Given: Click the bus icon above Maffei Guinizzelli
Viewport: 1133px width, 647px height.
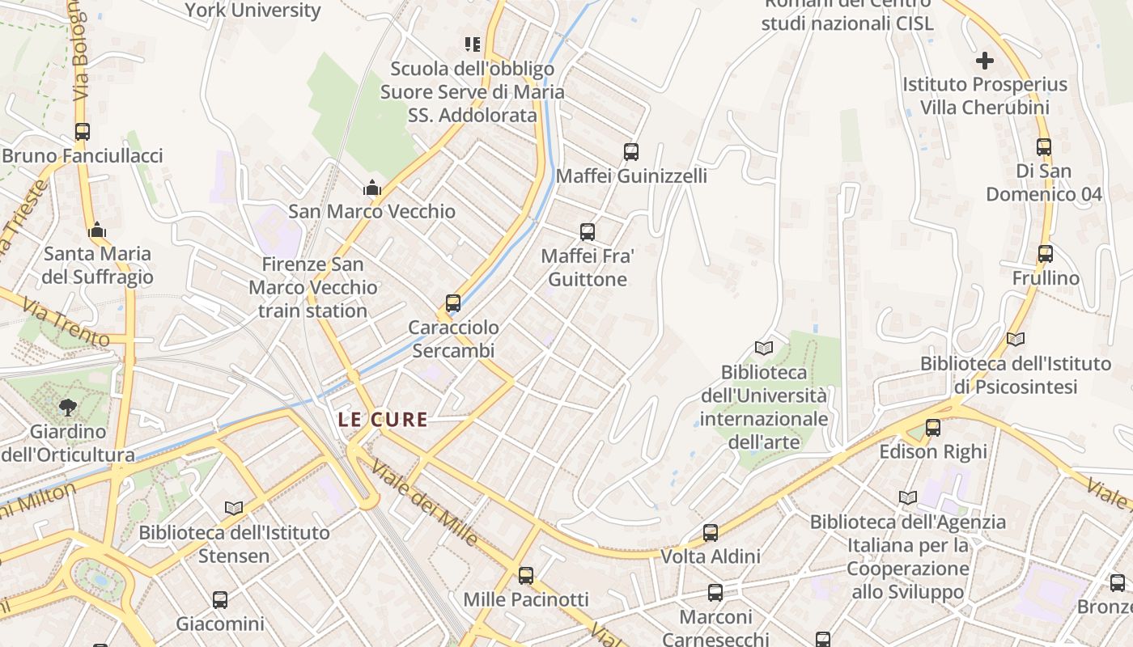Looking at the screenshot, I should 631,151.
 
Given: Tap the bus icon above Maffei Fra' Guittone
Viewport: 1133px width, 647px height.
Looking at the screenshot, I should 588,232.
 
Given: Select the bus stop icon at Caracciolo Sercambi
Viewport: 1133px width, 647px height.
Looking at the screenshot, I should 453,303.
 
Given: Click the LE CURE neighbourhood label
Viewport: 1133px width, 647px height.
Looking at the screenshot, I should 383,419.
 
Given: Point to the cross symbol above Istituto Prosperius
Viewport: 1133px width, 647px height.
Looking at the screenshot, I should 984,61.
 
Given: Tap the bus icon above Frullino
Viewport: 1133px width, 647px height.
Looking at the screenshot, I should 1046,254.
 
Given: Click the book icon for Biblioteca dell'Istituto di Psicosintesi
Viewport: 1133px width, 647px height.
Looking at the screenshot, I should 1015,340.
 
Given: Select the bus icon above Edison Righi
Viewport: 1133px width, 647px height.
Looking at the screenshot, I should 933,428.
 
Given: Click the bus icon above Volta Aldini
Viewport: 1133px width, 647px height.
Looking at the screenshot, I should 711,532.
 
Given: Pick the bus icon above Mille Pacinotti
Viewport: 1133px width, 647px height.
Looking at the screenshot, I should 526,576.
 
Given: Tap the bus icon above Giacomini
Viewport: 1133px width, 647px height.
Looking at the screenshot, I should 220,600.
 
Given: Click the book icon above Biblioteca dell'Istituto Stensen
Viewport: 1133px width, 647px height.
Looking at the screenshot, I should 234,508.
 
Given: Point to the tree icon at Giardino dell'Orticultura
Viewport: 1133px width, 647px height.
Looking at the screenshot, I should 68,407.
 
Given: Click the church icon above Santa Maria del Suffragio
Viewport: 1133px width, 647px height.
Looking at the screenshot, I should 97,230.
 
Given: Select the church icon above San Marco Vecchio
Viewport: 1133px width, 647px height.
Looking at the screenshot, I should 372,188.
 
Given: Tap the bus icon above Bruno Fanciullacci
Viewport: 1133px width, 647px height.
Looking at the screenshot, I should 83,131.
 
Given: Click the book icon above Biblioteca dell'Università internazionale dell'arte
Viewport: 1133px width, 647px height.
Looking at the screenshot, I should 764,348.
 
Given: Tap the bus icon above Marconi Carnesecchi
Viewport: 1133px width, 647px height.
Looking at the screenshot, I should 715,593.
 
